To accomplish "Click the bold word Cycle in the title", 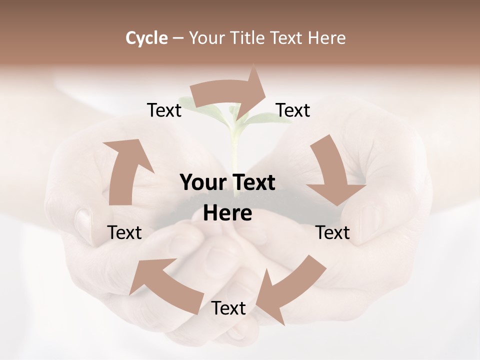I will point(146,38).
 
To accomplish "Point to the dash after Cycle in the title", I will point(178,38).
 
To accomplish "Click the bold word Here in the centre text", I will point(227,213).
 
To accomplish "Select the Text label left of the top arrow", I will point(164,110).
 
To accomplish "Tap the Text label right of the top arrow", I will point(293,110).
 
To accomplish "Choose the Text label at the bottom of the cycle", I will point(228,308).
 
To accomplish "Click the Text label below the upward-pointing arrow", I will point(124,232).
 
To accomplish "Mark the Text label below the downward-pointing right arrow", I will point(333,232).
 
